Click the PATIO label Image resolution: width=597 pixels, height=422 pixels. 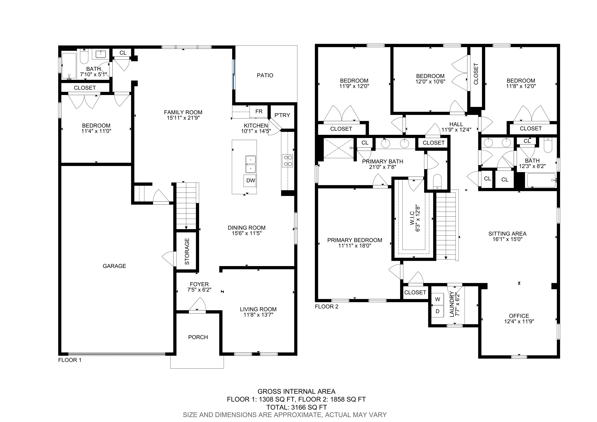pyautogui.click(x=265, y=75)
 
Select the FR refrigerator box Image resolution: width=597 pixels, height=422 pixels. pyautogui.click(x=259, y=112)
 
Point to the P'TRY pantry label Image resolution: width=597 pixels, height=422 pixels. pyautogui.click(x=282, y=115)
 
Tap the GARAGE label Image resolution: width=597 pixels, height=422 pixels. pyautogui.click(x=114, y=266)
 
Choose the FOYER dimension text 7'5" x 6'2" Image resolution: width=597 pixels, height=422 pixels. pyautogui.click(x=199, y=290)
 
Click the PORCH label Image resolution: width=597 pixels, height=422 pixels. pyautogui.click(x=198, y=337)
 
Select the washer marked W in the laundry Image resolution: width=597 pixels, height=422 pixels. pyautogui.click(x=438, y=299)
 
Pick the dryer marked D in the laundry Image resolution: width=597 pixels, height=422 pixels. pyautogui.click(x=438, y=311)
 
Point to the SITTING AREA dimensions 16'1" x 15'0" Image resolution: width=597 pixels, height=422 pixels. pyautogui.click(x=507, y=239)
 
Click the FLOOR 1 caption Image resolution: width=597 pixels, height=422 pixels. pyautogui.click(x=70, y=360)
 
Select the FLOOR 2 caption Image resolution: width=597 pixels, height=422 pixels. pyautogui.click(x=327, y=307)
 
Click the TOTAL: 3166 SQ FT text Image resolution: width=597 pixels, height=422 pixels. pyautogui.click(x=296, y=407)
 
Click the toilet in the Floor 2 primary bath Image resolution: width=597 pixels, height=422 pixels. pyautogui.click(x=437, y=181)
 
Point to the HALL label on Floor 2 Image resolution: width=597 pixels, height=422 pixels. pyautogui.click(x=456, y=124)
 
